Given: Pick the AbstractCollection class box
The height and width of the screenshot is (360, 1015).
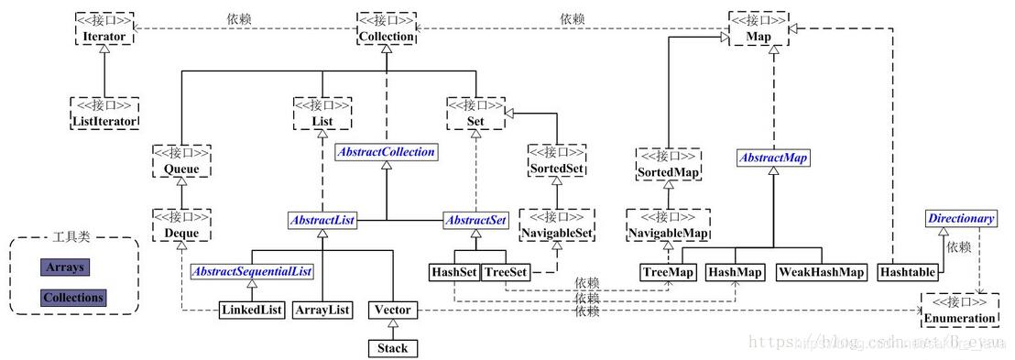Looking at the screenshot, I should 386,152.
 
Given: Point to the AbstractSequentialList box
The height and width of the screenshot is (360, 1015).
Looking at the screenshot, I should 251,271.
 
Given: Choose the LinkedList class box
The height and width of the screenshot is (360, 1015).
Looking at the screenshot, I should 249,310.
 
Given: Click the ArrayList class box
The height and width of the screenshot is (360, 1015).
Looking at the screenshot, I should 322,310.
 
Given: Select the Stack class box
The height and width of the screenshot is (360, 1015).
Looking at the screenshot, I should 392,348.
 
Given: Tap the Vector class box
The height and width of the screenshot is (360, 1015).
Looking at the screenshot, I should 392,310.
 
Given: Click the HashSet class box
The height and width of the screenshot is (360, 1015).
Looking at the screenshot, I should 453,272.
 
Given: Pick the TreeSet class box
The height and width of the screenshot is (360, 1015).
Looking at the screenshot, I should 506,272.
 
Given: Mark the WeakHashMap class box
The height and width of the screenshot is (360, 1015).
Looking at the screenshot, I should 822,272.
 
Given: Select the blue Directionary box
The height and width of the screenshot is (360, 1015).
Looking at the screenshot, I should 960,219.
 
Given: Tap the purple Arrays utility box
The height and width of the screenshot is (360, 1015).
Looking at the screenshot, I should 65,267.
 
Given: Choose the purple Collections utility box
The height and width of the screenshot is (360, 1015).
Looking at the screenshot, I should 73,298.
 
